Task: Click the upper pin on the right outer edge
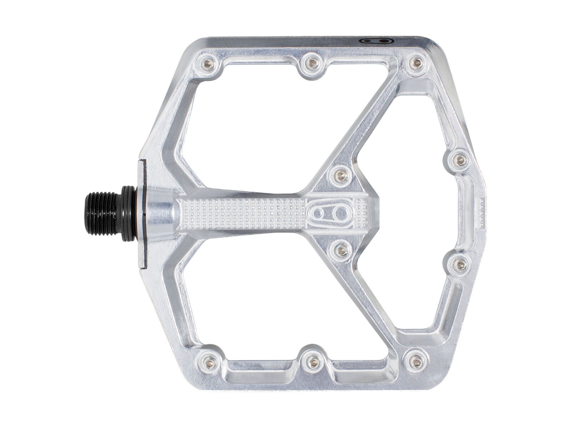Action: click(461, 161)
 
